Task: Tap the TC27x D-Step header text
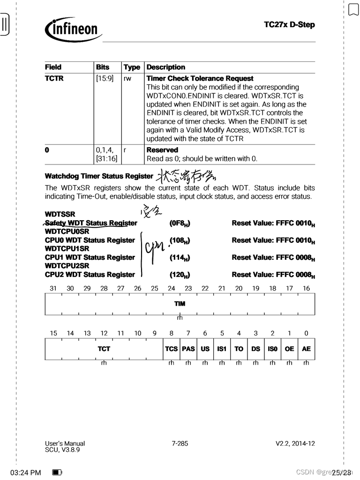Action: [x=289, y=24]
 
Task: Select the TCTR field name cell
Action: [x=54, y=79]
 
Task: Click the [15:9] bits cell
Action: [x=105, y=79]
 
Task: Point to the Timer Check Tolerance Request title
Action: [x=200, y=79]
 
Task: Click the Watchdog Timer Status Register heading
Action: [x=99, y=176]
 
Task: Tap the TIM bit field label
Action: [x=180, y=304]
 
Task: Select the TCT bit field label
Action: [x=104, y=349]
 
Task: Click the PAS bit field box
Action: [x=188, y=349]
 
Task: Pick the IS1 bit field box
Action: [x=222, y=349]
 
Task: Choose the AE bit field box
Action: [x=306, y=349]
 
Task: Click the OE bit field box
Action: [x=289, y=349]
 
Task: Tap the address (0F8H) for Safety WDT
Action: [x=180, y=223]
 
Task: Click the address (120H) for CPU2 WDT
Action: [x=180, y=275]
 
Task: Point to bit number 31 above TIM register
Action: [x=53, y=289]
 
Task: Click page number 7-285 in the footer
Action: [x=180, y=443]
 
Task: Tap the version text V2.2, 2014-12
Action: [x=295, y=443]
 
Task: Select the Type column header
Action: [x=132, y=67]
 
